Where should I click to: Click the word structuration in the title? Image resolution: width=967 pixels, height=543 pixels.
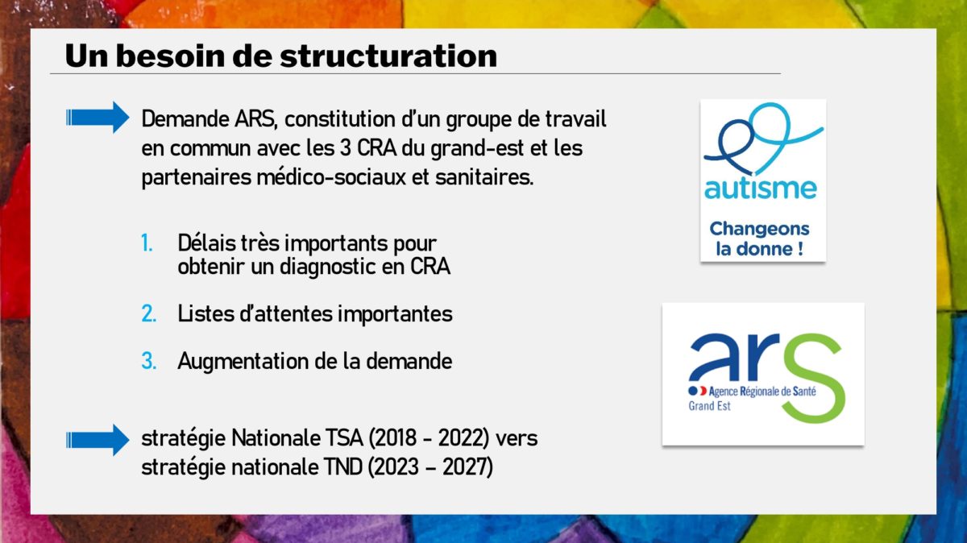click(x=388, y=56)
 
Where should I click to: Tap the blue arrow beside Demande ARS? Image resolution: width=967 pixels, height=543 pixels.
click(x=98, y=118)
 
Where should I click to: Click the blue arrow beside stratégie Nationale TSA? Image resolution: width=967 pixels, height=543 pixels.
click(x=98, y=440)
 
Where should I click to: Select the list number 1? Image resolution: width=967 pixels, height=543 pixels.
click(x=147, y=244)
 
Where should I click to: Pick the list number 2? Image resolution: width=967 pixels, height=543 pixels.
click(x=148, y=314)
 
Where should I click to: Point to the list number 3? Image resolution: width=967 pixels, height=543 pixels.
click(x=148, y=361)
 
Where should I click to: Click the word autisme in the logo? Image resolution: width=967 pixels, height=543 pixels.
click(x=761, y=189)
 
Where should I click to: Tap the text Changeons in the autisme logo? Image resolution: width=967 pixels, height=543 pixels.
click(x=759, y=229)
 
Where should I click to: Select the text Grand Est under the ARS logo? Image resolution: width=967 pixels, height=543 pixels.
click(x=709, y=406)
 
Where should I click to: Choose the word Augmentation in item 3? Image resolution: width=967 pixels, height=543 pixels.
click(x=243, y=362)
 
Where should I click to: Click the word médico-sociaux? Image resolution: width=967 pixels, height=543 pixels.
click(x=331, y=177)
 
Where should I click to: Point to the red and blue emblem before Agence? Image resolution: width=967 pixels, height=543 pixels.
click(x=697, y=391)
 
